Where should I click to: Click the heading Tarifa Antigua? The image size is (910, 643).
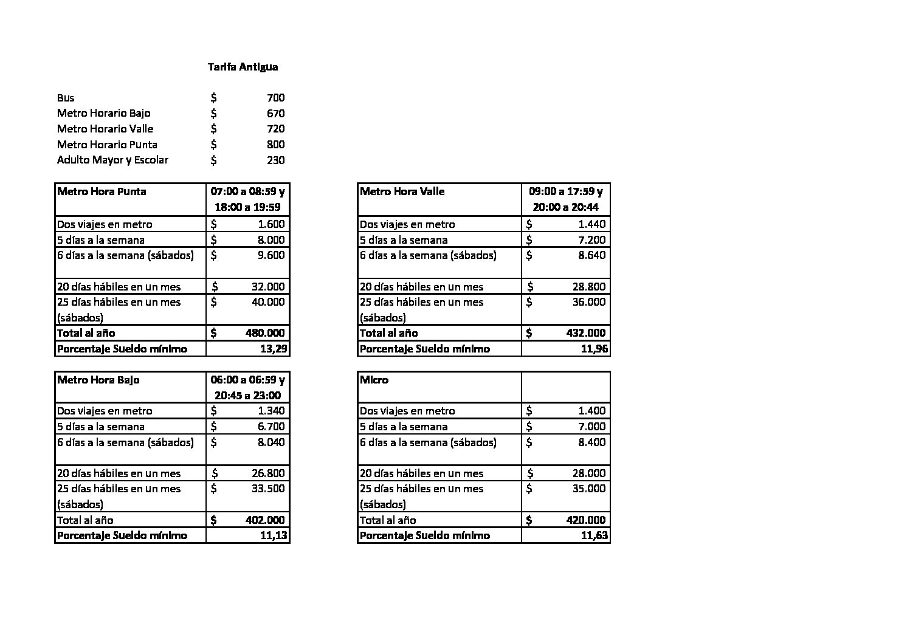[243, 67]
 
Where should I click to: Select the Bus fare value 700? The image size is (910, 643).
[275, 98]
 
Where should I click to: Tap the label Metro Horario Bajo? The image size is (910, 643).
[103, 113]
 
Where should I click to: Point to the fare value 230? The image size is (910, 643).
[275, 160]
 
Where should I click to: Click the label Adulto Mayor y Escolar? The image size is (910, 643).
[112, 160]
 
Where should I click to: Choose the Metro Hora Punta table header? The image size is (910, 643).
[102, 191]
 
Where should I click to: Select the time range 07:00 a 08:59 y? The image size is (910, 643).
[247, 191]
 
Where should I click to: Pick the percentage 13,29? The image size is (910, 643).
[273, 349]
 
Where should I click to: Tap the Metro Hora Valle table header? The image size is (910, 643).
[402, 191]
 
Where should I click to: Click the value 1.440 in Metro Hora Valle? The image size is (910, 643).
[591, 224]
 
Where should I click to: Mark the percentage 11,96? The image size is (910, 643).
[594, 349]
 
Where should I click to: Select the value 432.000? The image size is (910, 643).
[586, 333]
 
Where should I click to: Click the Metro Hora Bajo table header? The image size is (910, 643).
[98, 380]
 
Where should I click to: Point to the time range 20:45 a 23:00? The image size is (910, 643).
[247, 395]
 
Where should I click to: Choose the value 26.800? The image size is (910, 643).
[268, 473]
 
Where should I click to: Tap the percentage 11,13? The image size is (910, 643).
[273, 535]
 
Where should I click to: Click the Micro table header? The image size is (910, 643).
[374, 380]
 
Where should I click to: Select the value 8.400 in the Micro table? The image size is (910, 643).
[591, 442]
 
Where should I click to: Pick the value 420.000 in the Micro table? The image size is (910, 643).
[586, 520]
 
